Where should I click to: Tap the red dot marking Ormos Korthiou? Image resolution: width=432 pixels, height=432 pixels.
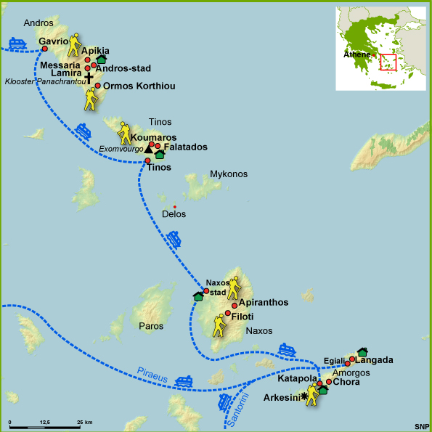97,86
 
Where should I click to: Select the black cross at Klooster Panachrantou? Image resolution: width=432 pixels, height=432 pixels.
89,77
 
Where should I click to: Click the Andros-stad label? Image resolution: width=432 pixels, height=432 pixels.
123,69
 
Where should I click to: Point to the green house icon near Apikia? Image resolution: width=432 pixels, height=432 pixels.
101,59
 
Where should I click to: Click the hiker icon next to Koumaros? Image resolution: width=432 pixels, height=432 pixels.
126,132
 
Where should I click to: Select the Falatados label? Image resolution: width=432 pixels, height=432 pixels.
186,147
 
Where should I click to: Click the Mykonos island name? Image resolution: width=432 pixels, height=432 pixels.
229,174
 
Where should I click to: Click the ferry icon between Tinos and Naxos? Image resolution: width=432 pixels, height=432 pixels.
174,238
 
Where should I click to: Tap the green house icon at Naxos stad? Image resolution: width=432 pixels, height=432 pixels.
198,296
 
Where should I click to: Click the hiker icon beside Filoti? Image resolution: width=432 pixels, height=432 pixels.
219,325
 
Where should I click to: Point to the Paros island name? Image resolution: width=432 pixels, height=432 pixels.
151,326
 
